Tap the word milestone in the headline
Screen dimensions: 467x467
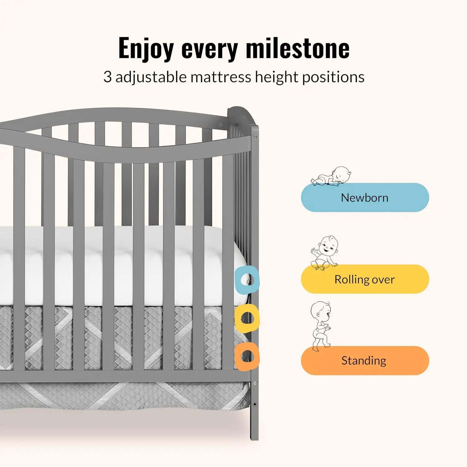click(x=298, y=48)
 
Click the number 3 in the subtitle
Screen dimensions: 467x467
click(x=107, y=77)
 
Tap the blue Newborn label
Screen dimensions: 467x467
click(x=365, y=198)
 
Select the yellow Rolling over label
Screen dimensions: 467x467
click(x=365, y=279)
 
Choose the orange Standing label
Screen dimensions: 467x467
click(x=365, y=361)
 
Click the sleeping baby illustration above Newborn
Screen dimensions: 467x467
click(x=332, y=177)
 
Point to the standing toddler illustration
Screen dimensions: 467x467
click(x=321, y=325)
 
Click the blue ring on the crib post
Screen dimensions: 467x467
click(x=247, y=280)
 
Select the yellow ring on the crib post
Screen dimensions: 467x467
click(x=247, y=318)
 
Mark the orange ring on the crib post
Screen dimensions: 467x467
click(x=247, y=356)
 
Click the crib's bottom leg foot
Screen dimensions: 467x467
click(x=254, y=434)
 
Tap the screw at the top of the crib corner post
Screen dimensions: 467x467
click(x=255, y=137)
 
